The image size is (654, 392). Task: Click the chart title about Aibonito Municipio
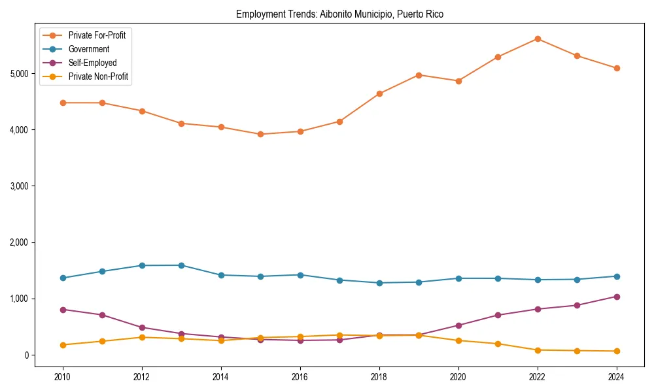339,14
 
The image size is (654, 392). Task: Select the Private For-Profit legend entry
97,35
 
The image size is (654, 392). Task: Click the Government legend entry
88,49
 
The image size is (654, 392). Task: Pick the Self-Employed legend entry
92,63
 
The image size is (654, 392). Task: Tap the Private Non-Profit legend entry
98,76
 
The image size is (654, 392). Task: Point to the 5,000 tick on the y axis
20,74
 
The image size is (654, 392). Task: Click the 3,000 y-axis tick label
20,186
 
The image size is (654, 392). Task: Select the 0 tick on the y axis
27,355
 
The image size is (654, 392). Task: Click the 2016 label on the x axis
300,377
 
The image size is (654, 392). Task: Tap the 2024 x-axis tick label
616,377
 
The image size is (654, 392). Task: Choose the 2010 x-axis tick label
63,377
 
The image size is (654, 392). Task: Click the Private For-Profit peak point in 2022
538,39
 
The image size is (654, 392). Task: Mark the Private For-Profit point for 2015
260,135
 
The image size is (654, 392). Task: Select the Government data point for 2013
181,265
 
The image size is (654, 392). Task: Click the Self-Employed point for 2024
616,297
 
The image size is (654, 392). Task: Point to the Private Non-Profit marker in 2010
63,345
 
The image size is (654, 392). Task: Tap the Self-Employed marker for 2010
63,310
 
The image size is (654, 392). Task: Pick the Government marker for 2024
616,276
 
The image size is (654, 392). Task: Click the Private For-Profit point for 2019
419,75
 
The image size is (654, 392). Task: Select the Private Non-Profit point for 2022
538,350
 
